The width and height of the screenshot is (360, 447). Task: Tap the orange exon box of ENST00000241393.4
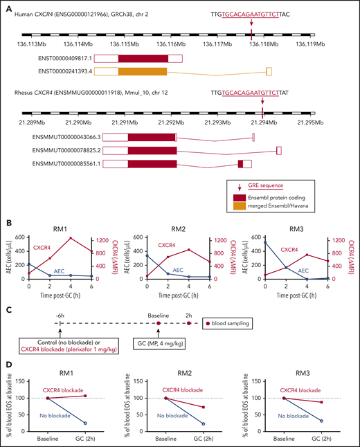point(142,71)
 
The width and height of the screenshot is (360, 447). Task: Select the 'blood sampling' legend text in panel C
point(239,323)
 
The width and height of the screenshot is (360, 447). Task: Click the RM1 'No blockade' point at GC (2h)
point(85,423)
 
